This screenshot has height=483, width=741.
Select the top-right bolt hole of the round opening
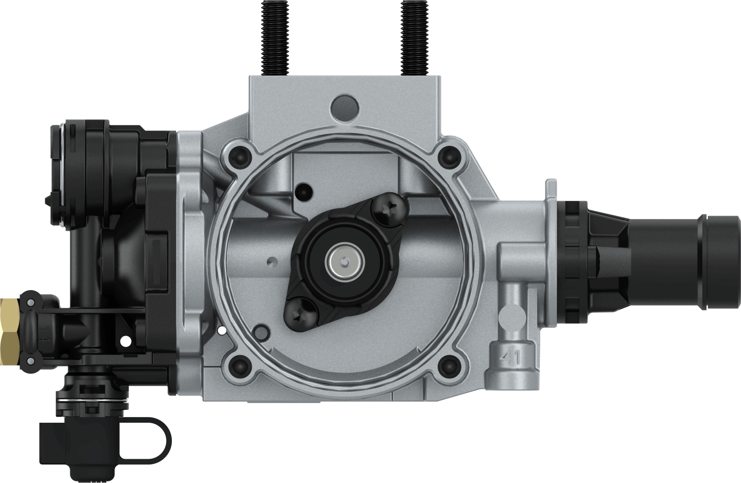pos(447,154)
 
